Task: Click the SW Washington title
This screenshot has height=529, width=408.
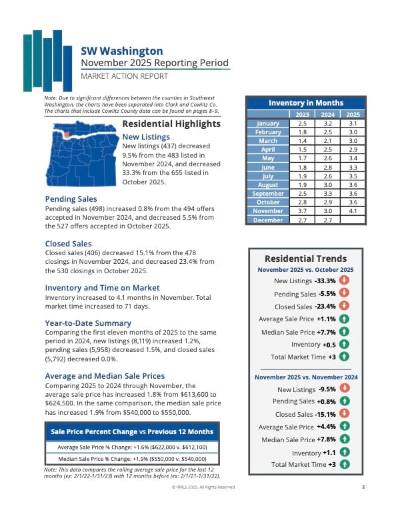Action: click(x=121, y=50)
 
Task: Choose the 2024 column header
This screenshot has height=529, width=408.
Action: click(x=327, y=114)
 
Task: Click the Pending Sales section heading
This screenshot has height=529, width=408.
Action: click(x=71, y=199)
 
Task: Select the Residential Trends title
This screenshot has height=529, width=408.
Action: click(x=305, y=258)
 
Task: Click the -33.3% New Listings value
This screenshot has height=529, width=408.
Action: click(x=325, y=281)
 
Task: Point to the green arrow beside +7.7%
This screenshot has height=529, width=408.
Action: click(x=344, y=331)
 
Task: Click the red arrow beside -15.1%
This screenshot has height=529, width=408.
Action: click(x=344, y=414)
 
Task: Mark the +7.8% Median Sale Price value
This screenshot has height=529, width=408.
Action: click(x=325, y=439)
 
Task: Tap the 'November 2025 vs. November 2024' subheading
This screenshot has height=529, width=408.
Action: click(x=305, y=377)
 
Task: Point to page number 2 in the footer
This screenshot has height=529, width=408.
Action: click(x=363, y=487)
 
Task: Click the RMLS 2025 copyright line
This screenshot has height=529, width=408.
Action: click(x=204, y=487)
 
